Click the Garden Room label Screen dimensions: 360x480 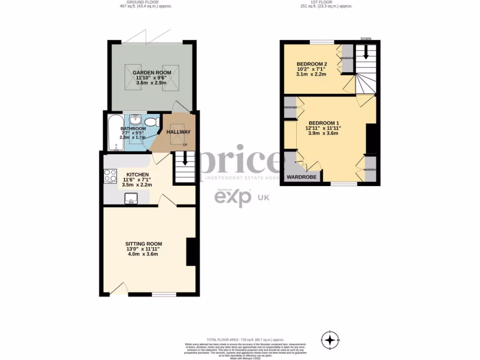(x=151, y=73)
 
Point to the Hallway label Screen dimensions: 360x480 (x=179, y=132)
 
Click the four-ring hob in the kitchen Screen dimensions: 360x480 (x=110, y=176)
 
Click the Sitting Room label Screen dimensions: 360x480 (x=143, y=244)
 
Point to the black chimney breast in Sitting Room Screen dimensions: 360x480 (x=191, y=252)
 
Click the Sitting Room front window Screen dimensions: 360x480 (x=164, y=295)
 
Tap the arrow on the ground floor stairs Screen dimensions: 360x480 (x=185, y=159)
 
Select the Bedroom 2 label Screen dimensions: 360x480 (x=312, y=64)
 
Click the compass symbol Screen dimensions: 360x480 (x=330, y=339)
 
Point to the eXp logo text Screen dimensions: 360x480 (x=233, y=198)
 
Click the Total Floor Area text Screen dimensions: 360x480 (x=245, y=339)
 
